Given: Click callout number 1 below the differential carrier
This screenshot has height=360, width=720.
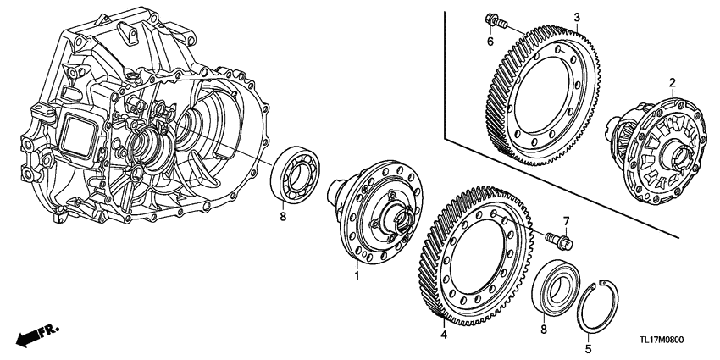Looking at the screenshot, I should tap(357, 276).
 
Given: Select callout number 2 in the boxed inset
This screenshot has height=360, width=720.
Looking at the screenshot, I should tap(672, 82).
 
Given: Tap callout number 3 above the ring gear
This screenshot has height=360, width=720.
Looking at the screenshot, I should tap(576, 17).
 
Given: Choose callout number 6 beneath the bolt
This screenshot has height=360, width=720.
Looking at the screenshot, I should tap(490, 42).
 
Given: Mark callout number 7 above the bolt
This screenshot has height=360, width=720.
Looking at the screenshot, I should tap(567, 222).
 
